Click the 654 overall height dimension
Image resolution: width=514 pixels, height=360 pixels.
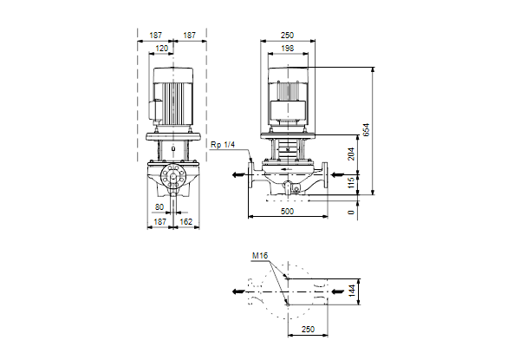click(366, 129)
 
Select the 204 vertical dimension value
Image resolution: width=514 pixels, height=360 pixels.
click(351, 154)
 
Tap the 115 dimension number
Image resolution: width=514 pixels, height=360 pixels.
click(351, 182)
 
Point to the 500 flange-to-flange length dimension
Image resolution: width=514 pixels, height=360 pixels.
click(287, 212)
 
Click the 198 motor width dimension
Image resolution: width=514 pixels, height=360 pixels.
click(288, 49)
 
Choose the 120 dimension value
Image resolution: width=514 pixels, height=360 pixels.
click(161, 49)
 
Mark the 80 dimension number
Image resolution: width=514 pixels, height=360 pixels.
click(159, 207)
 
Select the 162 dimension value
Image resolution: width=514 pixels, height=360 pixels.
click(185, 222)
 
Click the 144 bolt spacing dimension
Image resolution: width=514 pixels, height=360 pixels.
click(351, 291)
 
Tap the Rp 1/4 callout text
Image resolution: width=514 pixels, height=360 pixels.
click(223, 145)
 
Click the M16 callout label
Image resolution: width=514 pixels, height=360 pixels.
click(260, 255)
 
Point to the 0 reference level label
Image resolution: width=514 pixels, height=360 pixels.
click(351, 213)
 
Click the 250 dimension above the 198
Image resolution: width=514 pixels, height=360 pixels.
click(288, 35)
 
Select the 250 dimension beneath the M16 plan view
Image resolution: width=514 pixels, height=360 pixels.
click(308, 329)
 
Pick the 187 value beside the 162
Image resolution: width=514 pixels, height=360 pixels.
click(160, 222)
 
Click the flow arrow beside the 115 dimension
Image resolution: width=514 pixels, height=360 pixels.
click(338, 174)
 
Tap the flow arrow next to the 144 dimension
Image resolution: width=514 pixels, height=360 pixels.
click(338, 291)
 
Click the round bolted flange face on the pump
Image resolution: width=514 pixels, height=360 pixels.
click(173, 176)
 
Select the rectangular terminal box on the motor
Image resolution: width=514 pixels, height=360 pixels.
click(288, 109)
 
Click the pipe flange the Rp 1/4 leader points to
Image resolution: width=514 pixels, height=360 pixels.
click(251, 175)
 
